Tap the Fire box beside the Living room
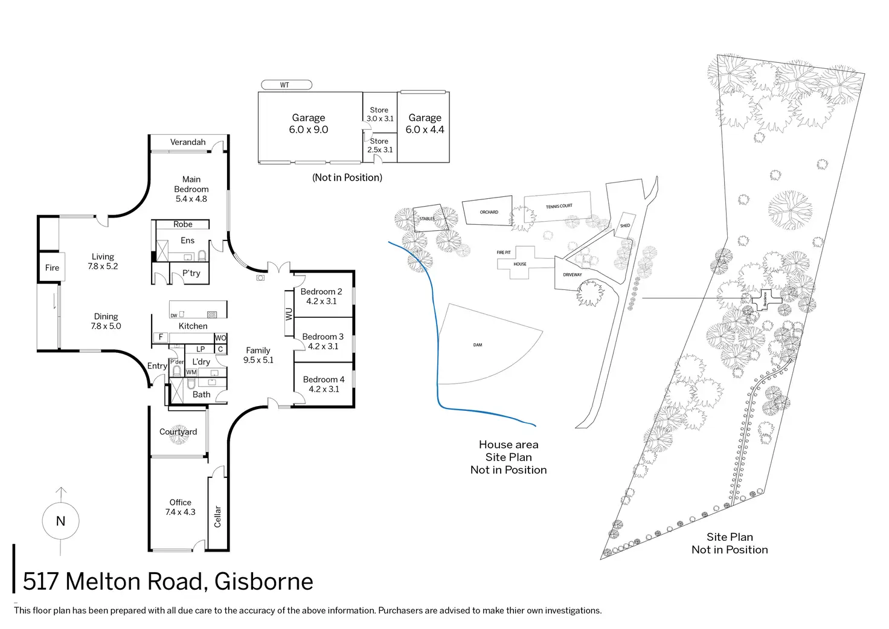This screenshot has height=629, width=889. [52, 268]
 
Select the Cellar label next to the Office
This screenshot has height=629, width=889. [217, 517]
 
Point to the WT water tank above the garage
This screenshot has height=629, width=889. [286, 85]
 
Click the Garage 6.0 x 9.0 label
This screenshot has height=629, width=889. [309, 123]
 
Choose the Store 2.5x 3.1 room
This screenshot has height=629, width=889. [380, 145]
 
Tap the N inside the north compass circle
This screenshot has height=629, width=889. [60, 521]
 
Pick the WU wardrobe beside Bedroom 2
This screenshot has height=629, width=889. [289, 314]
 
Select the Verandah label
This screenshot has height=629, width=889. [188, 142]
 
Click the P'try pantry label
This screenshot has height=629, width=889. [191, 273]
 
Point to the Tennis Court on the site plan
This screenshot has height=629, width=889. [559, 206]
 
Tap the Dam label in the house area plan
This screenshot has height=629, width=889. [478, 345]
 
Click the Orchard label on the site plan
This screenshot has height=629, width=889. [489, 212]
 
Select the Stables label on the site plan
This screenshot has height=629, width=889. [427, 219]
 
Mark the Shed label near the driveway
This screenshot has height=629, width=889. [625, 226]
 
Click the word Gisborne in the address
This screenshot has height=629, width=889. [264, 581]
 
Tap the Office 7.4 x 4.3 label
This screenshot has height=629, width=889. [181, 507]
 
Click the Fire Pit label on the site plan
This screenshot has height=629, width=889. [504, 253]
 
